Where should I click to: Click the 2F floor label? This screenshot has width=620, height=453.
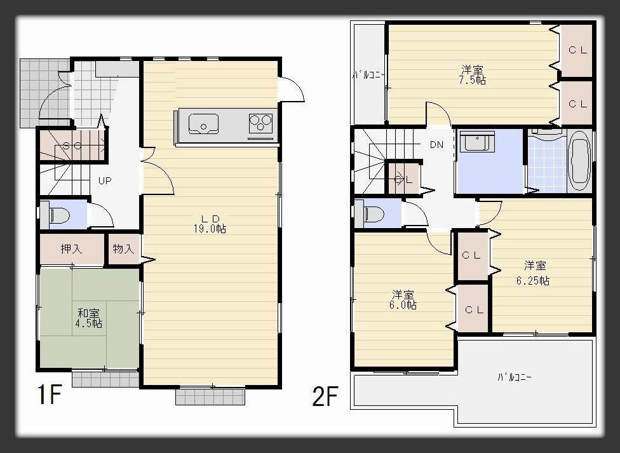pyautogui.click(x=325, y=398)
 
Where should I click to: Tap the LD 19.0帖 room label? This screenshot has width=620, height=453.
pyautogui.click(x=210, y=224)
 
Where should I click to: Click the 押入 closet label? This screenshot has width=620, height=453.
pyautogui.click(x=71, y=249)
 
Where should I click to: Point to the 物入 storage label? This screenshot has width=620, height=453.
pyautogui.click(x=123, y=249)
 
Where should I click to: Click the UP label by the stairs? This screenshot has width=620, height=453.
pyautogui.click(x=105, y=180)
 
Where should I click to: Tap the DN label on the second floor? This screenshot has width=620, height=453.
pyautogui.click(x=436, y=144)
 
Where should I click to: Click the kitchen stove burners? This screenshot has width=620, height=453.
pyautogui.click(x=260, y=123)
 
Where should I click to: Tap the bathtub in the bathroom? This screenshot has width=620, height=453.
pyautogui.click(x=579, y=161)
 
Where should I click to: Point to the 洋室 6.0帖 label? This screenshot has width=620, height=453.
pyautogui.click(x=403, y=300)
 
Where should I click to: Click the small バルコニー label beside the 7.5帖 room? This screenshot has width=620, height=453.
pyautogui.click(x=369, y=75)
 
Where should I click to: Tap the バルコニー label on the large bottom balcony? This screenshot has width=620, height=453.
pyautogui.click(x=515, y=377)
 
